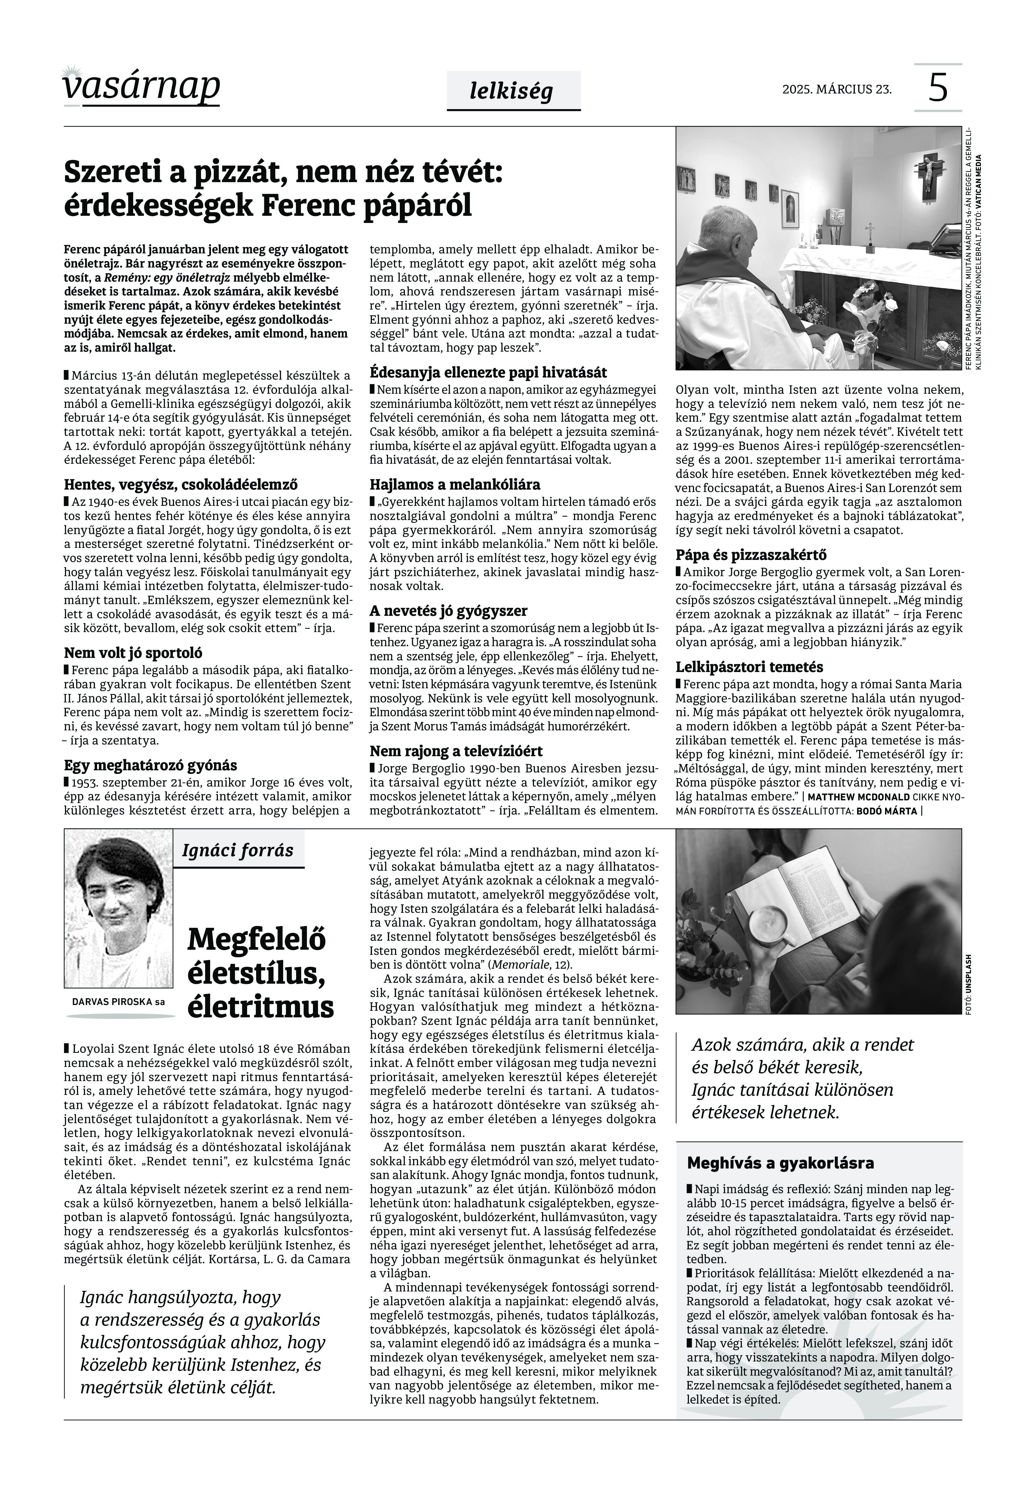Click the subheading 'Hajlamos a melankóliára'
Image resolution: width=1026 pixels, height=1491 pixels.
[x=455, y=484]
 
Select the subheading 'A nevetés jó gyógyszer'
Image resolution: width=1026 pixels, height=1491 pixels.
[x=448, y=610]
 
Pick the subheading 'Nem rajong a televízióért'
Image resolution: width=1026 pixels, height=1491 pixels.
[x=456, y=751]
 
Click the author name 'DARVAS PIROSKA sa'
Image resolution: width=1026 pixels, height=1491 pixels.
[x=118, y=1001]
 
